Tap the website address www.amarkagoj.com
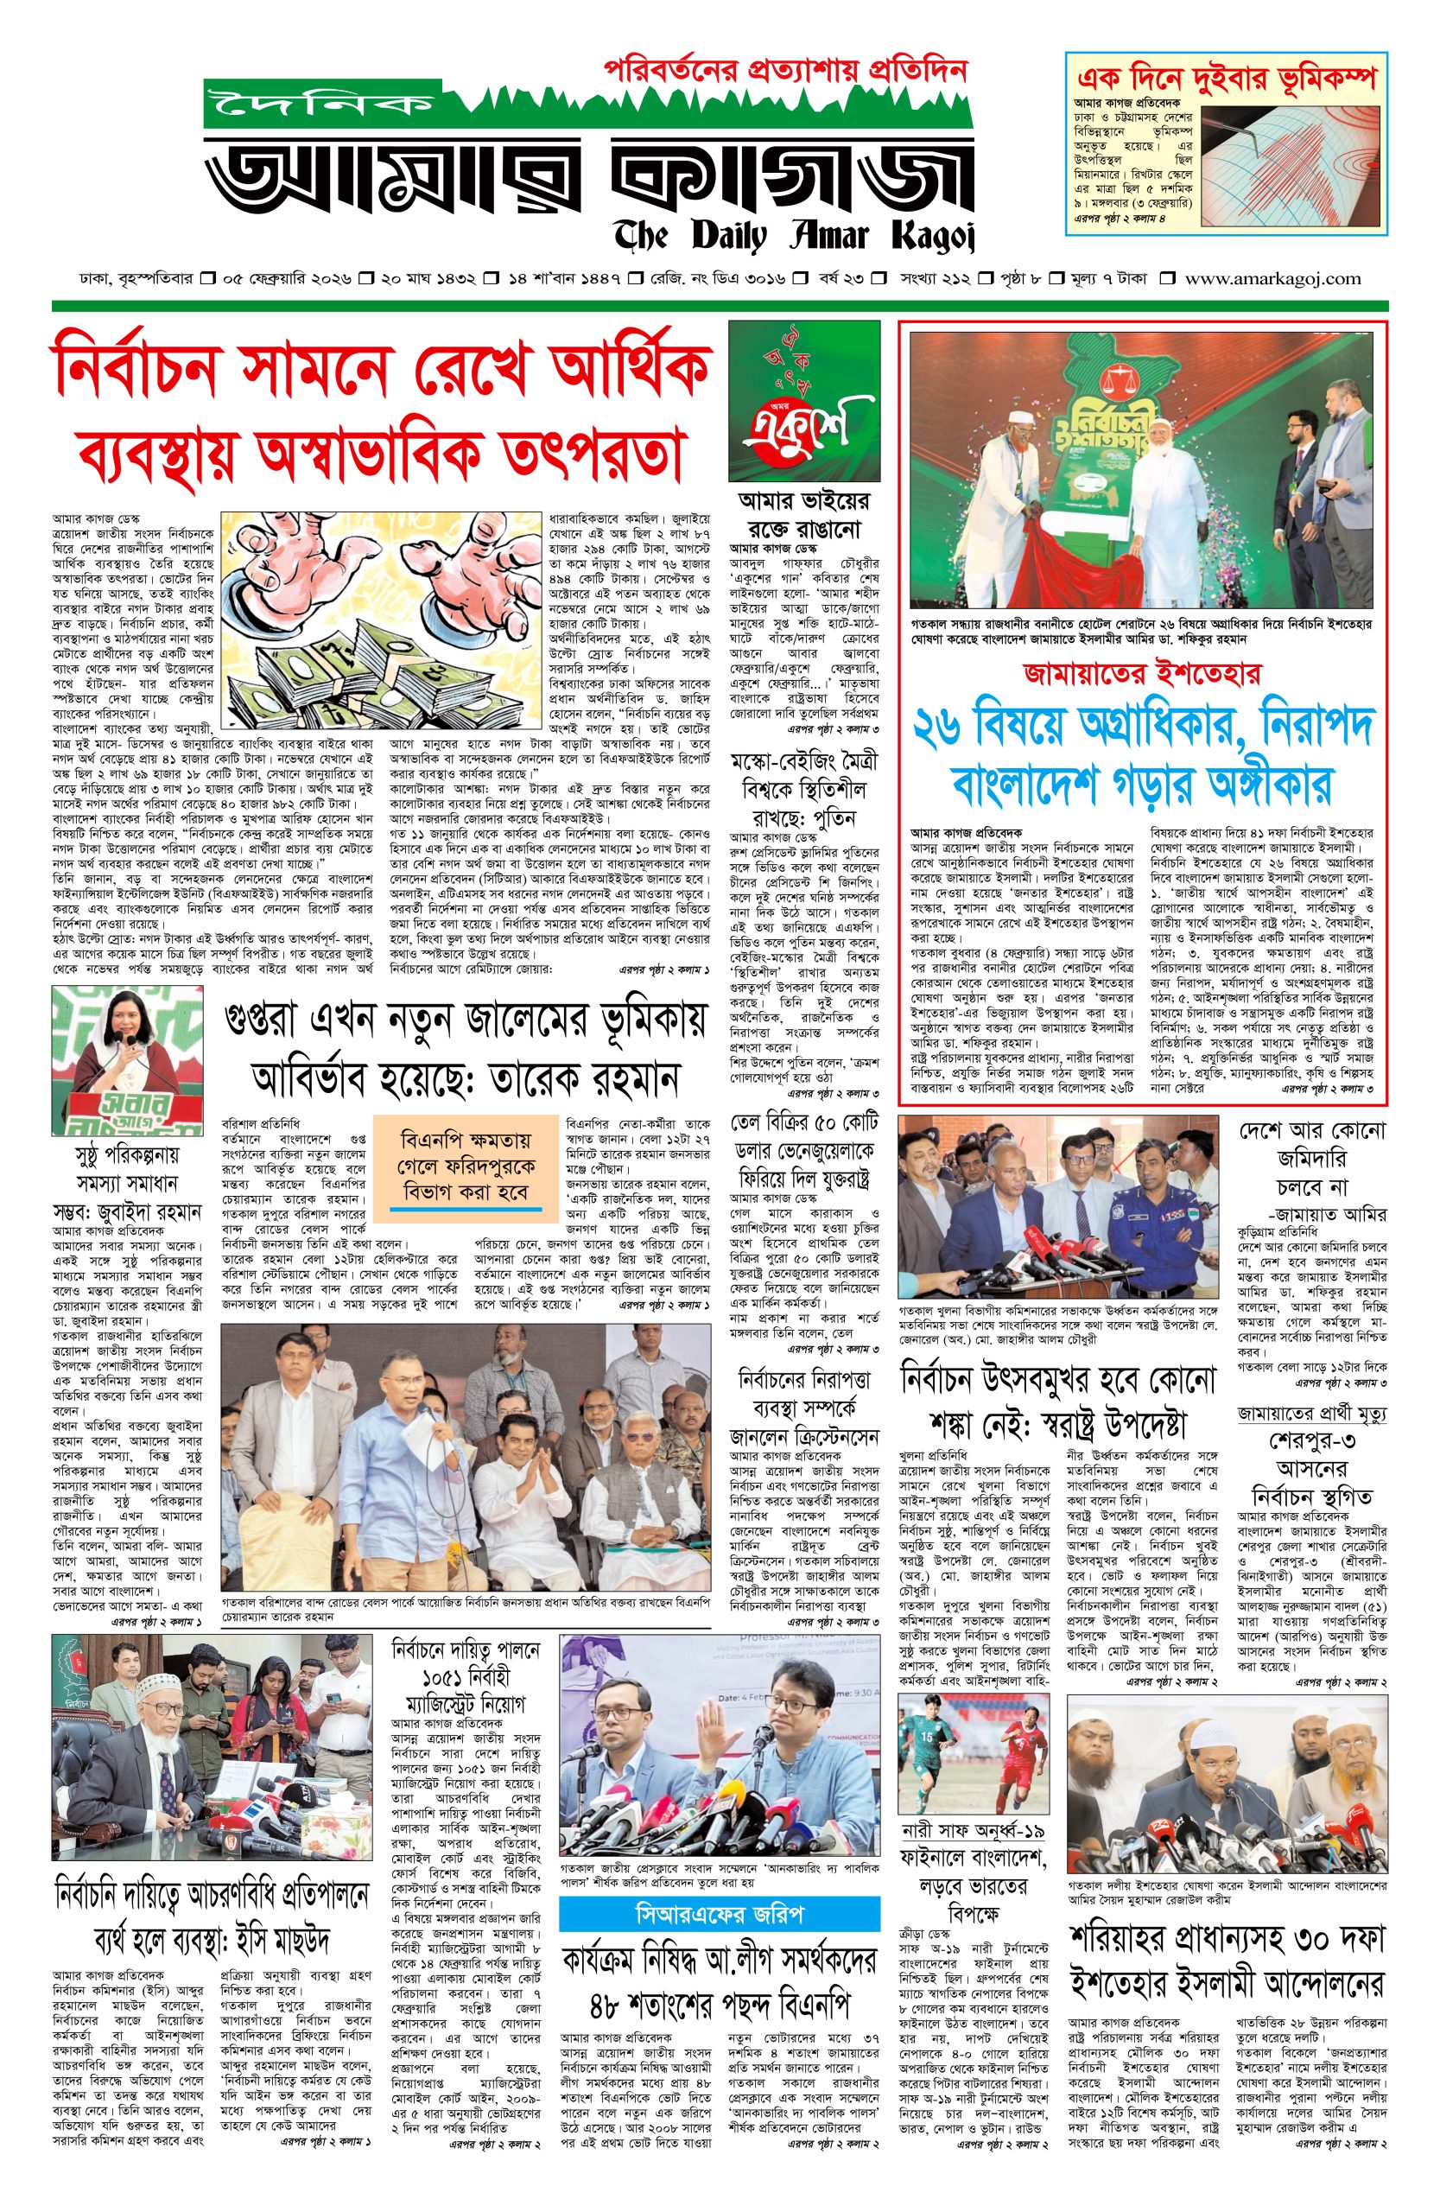click(x=1272, y=278)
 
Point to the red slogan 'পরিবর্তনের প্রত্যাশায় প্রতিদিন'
click(x=786, y=69)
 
